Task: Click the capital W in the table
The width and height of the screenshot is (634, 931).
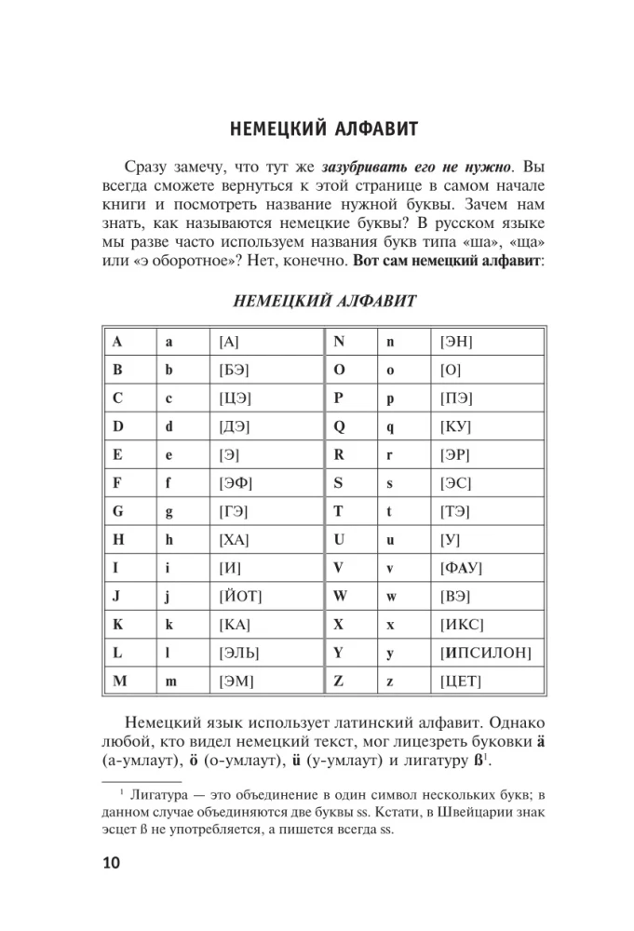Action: (340, 596)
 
